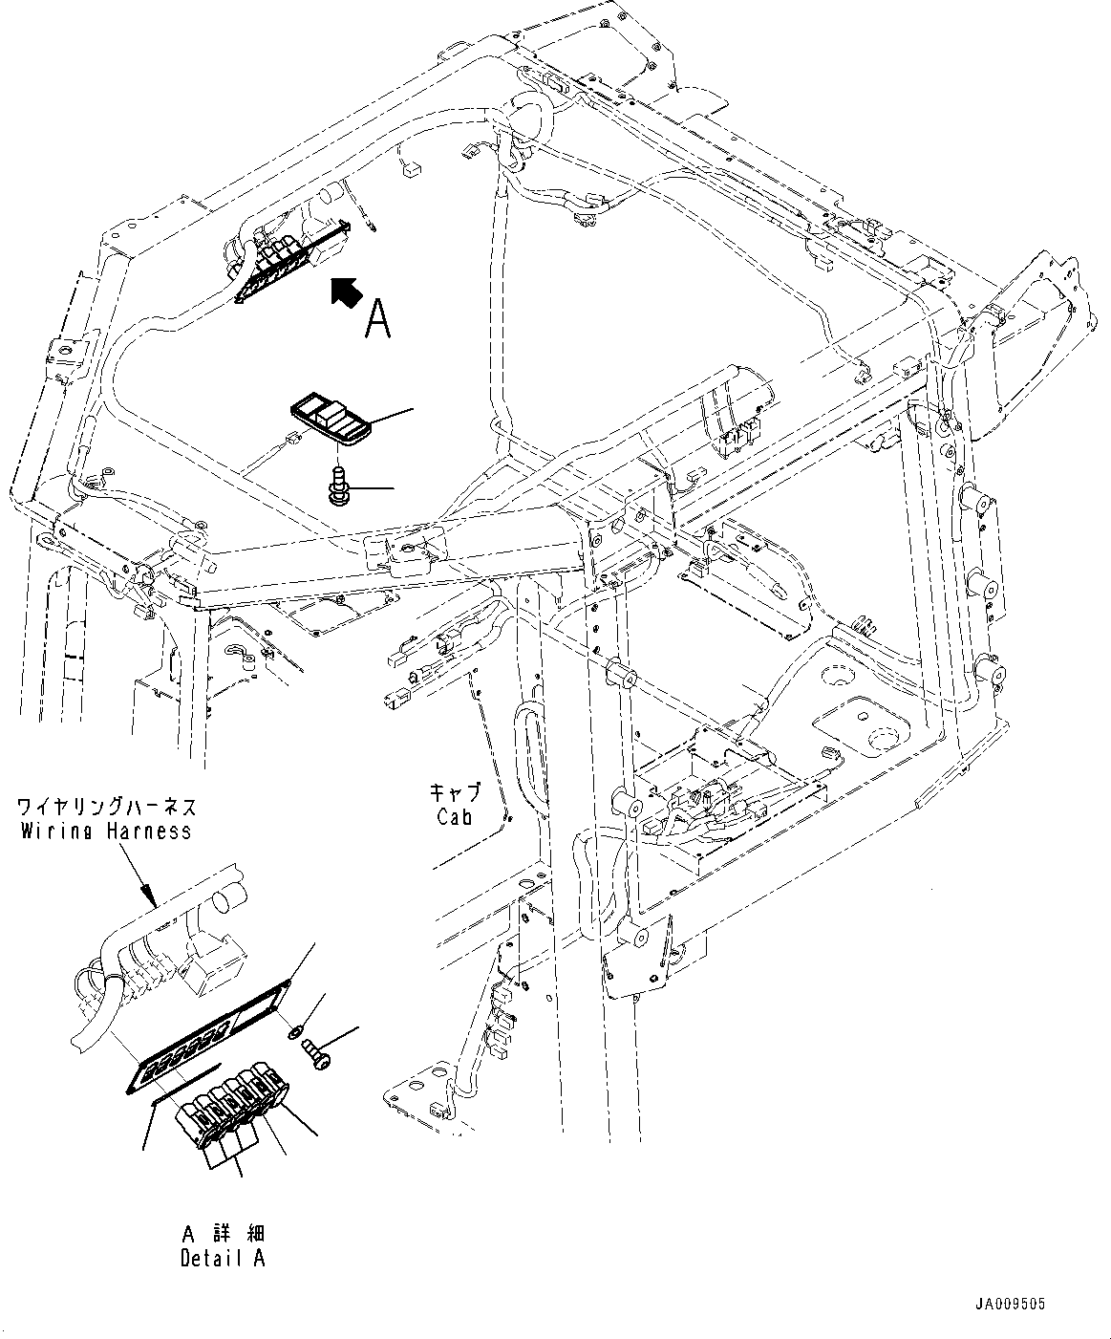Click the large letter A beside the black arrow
[378, 318]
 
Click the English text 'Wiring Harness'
[106, 831]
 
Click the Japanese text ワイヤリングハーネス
[106, 806]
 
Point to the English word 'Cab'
[456, 817]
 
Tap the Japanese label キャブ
[455, 793]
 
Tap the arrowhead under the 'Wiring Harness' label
[150, 899]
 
